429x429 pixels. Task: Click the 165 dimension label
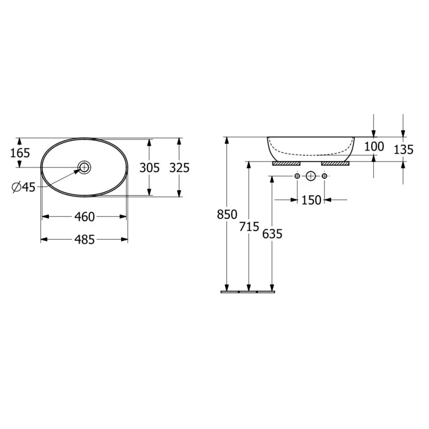coord(20,153)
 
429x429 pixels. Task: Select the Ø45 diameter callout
coord(23,186)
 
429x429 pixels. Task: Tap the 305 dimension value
coord(149,168)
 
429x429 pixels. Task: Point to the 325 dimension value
coord(179,168)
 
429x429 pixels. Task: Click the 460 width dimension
coord(85,216)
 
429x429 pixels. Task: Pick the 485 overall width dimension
coord(85,240)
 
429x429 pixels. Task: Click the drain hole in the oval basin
coord(84,167)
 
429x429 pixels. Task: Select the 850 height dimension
coord(227,214)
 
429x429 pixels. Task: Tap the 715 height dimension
coord(249,227)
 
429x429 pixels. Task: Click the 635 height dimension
coord(272,234)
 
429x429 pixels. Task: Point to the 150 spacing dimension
coord(311,200)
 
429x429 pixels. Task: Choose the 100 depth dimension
coord(374,146)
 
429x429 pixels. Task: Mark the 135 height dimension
coord(404,149)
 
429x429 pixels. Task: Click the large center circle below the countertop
coord(310,176)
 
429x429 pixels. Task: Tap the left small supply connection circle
coord(297,176)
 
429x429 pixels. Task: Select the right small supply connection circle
coord(324,176)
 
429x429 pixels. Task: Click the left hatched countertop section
coord(286,163)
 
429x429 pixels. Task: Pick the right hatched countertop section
coord(335,163)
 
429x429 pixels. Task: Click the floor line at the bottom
coord(248,292)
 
